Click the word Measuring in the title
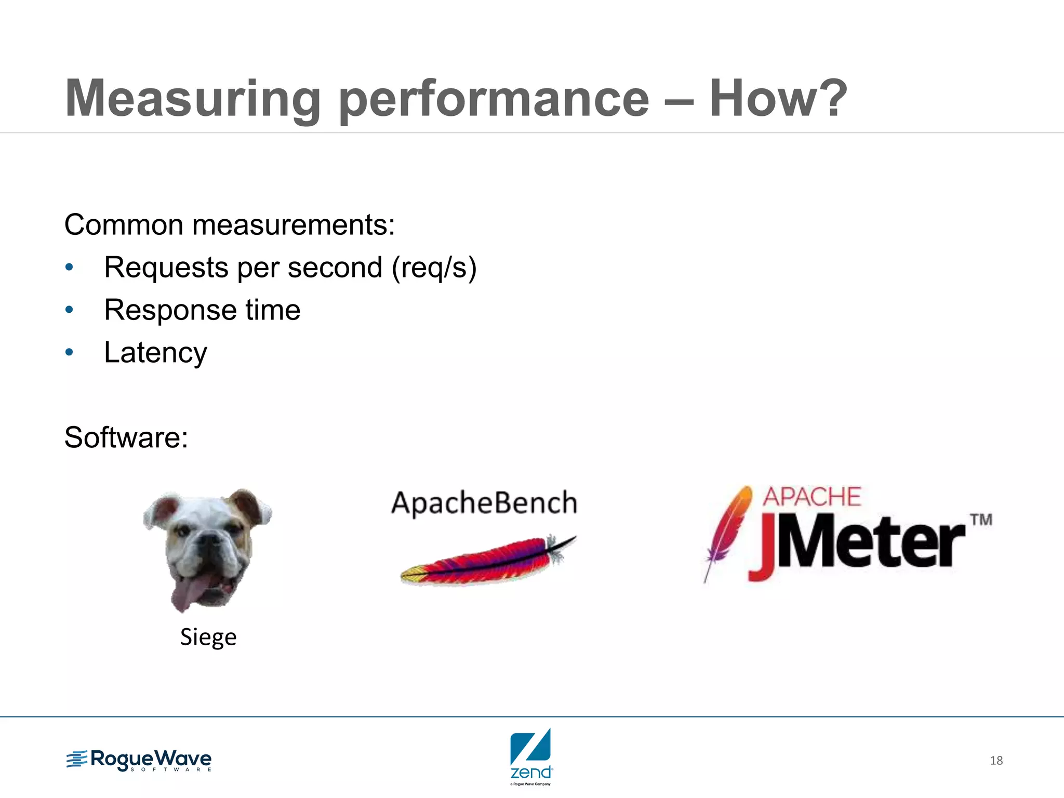(192, 99)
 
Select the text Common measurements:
(230, 225)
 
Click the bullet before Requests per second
(70, 268)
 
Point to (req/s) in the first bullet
(434, 268)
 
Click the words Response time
(202, 310)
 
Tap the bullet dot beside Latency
(70, 353)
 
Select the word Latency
(155, 353)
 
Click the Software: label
(126, 437)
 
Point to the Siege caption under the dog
(208, 637)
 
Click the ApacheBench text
(484, 503)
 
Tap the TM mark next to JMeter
(981, 520)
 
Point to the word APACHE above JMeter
(812, 497)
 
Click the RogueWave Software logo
(139, 761)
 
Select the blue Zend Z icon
(530, 746)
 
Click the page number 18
(996, 761)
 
